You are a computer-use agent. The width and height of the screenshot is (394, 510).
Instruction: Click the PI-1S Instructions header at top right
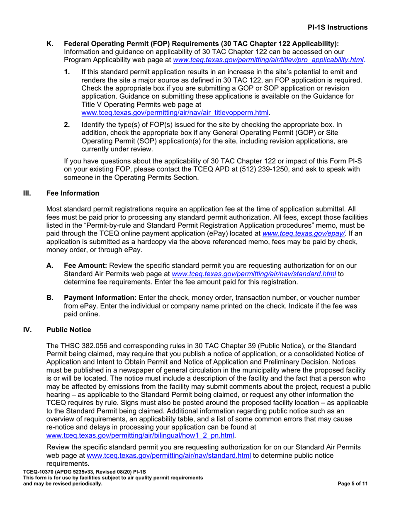coord(337,27)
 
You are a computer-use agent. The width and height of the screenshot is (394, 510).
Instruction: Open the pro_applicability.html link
coord(269,60)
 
